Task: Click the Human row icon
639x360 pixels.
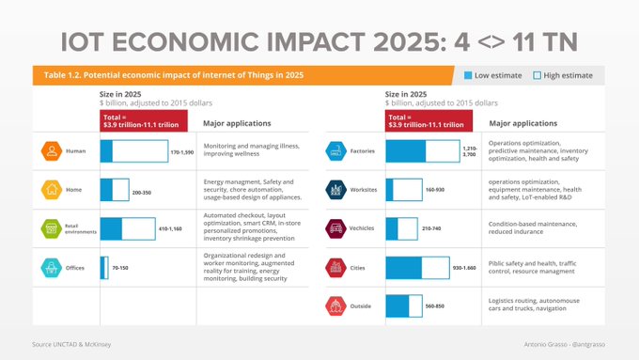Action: point(51,150)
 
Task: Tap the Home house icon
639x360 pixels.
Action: point(51,190)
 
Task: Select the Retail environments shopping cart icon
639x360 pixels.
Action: point(51,228)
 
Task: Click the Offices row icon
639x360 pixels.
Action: point(51,268)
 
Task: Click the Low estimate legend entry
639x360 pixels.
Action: point(492,75)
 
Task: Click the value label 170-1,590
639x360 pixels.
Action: point(181,151)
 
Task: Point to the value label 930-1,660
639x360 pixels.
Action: point(465,268)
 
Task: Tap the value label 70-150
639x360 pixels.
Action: point(120,268)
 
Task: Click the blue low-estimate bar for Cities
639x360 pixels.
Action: point(416,268)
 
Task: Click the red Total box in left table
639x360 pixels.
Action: point(144,121)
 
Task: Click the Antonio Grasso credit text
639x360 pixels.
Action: point(563,346)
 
